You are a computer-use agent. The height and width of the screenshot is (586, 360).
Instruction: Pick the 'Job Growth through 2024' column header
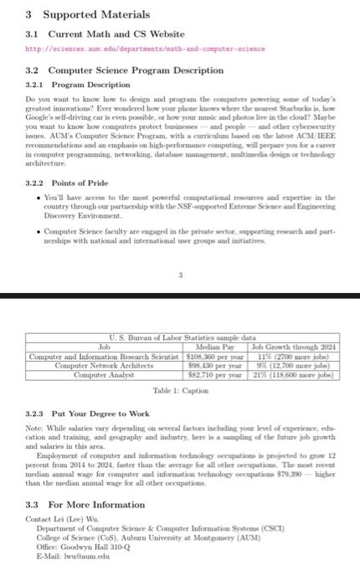(x=293, y=345)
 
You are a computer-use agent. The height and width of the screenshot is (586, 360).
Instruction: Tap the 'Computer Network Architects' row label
(x=105, y=365)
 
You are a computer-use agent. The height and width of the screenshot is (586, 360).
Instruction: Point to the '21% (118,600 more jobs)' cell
(x=293, y=375)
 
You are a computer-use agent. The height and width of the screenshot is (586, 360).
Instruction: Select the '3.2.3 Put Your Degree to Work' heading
(x=88, y=413)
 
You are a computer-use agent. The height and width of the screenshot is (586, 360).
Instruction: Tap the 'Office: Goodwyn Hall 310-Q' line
(x=86, y=545)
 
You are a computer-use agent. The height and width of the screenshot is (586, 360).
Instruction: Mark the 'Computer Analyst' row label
(x=105, y=375)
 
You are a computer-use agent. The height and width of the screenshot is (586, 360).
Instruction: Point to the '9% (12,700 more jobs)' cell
(x=293, y=365)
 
